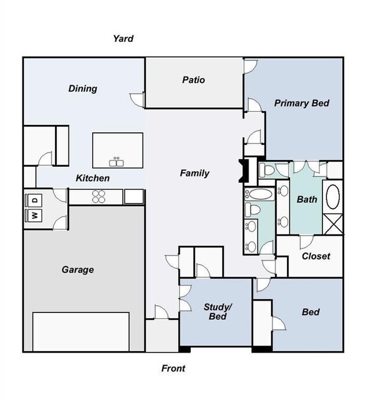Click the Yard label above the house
coord(123,39)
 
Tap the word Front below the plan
coord(173,368)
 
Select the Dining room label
coord(82,89)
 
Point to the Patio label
coord(193,80)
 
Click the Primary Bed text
coord(302,103)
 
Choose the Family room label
coord(194,173)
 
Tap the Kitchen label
coord(93,178)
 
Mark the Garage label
coord(78,269)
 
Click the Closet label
coord(316,256)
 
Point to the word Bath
coord(307,200)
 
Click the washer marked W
coord(34,215)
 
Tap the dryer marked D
coord(34,200)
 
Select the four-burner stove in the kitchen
coord(99,197)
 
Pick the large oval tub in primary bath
coord(333,197)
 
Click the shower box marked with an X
coord(333,224)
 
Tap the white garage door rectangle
coord(81,331)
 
